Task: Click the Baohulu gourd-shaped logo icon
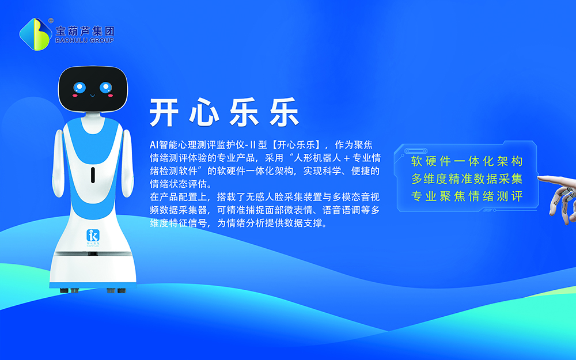click(35, 34)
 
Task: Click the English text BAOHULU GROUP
click(85, 40)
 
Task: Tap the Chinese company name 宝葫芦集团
click(85, 31)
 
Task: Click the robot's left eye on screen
click(79, 88)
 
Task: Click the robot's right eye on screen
click(106, 88)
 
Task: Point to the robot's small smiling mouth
click(93, 96)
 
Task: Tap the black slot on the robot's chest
click(93, 175)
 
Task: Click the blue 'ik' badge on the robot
click(93, 235)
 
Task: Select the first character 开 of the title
click(164, 112)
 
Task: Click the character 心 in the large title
click(204, 112)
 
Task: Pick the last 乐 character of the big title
click(285, 112)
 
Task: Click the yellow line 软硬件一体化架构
click(467, 161)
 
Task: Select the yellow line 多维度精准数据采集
click(467, 179)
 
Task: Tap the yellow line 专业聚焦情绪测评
click(467, 196)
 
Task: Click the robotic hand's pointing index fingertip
click(539, 178)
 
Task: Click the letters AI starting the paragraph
click(154, 145)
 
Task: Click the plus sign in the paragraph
click(346, 158)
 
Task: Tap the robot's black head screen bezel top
click(93, 68)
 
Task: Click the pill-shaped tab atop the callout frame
click(416, 151)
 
